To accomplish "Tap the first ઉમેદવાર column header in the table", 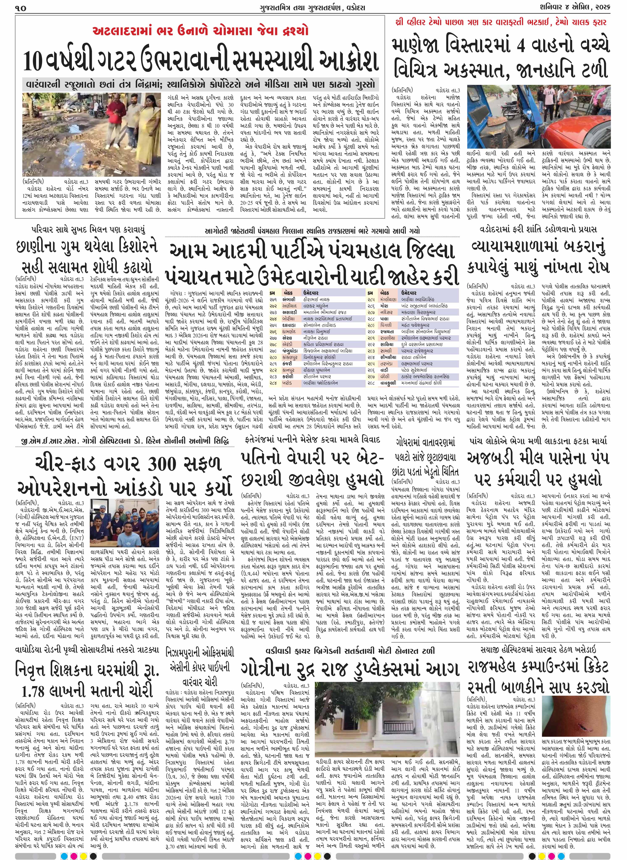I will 310,293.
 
